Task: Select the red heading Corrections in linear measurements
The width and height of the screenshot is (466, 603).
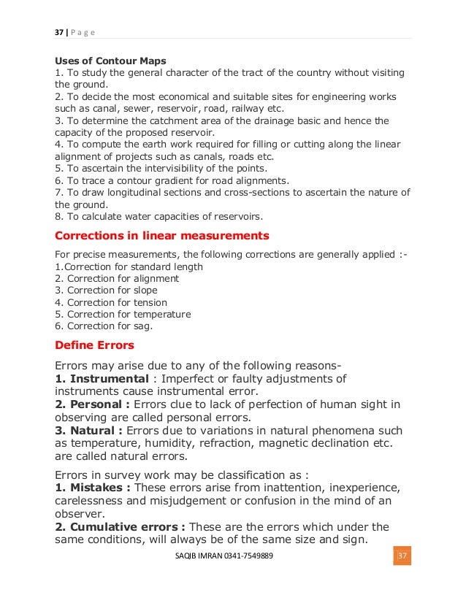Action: (162, 236)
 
